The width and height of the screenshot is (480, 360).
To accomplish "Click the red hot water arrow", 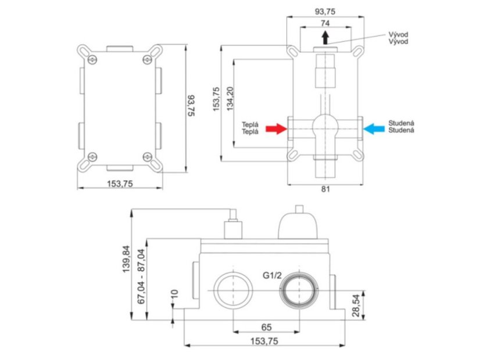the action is tap(276, 129).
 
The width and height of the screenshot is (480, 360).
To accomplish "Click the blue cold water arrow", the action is tap(374, 129).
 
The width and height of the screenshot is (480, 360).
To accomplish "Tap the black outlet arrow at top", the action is tap(325, 37).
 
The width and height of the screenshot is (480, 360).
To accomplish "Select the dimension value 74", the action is tap(325, 23).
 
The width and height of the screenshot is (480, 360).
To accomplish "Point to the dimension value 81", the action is tap(325, 189).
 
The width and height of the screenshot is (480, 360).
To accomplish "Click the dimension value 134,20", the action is tap(230, 99).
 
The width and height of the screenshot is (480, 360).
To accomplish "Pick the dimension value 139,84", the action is tap(126, 259).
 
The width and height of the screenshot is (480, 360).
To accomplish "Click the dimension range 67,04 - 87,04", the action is tap(141, 276).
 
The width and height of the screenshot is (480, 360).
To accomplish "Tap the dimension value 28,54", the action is tap(356, 306).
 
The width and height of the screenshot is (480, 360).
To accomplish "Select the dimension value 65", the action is tap(266, 327).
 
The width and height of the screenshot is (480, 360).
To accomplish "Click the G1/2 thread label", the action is tap(272, 275).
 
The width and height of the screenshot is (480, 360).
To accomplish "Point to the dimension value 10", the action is tap(174, 294).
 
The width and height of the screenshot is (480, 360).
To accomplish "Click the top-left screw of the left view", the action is tap(92, 60).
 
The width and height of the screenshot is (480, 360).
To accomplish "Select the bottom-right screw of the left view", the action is tap(148, 157).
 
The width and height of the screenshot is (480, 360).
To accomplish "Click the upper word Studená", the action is tap(402, 123).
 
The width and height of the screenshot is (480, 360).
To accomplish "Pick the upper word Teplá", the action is tap(250, 124).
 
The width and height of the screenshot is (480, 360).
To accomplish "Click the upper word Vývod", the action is tap(398, 34).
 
